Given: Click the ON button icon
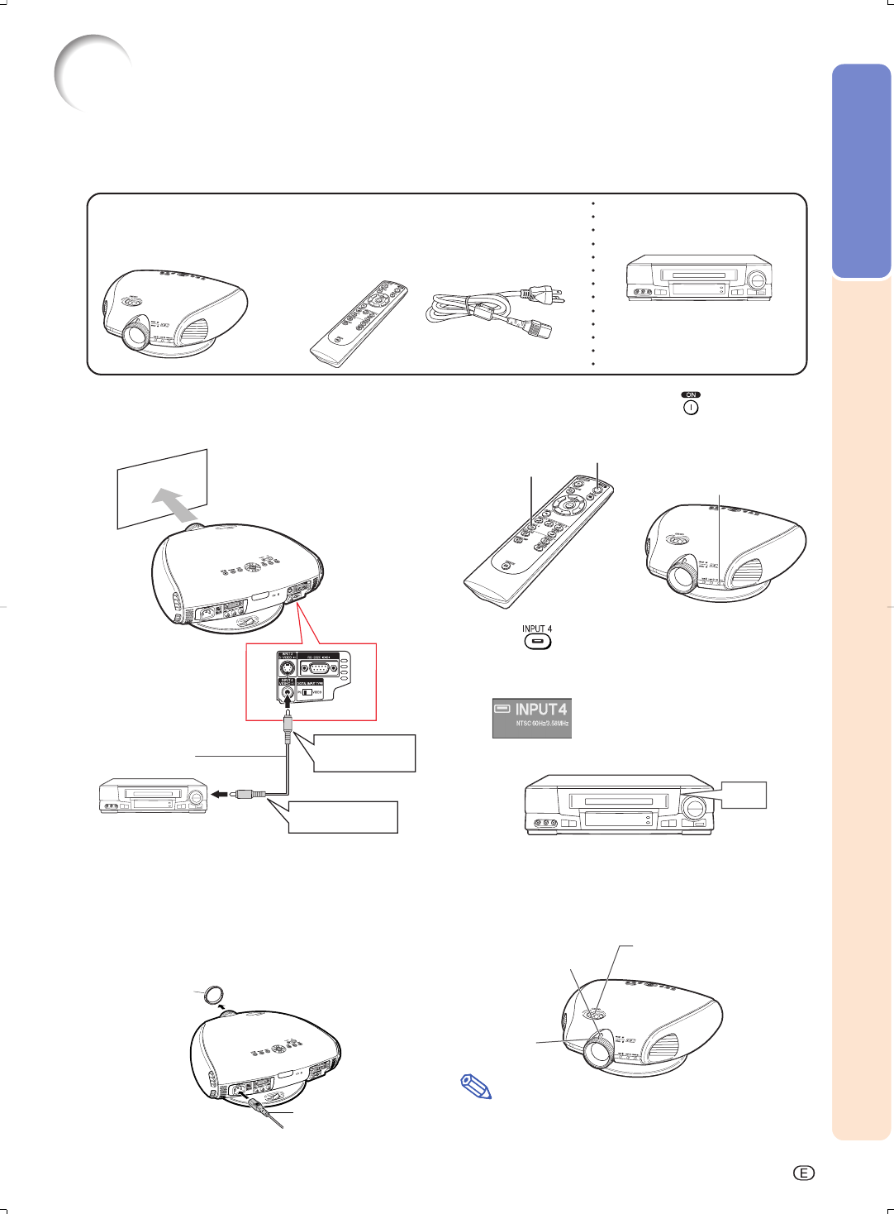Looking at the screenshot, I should (691, 407).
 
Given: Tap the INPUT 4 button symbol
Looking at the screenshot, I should (537, 642).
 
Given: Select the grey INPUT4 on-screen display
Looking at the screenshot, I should (532, 718).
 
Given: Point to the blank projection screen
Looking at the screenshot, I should (161, 488).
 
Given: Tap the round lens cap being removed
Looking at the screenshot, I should (213, 994).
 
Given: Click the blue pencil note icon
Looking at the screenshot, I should (475, 1087).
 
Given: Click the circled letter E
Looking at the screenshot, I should (803, 1173).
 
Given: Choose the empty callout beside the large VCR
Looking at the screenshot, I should (744, 795).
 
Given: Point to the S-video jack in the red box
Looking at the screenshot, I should (286, 667).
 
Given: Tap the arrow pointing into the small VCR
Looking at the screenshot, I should (219, 794).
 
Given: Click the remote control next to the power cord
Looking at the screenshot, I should (358, 323).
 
